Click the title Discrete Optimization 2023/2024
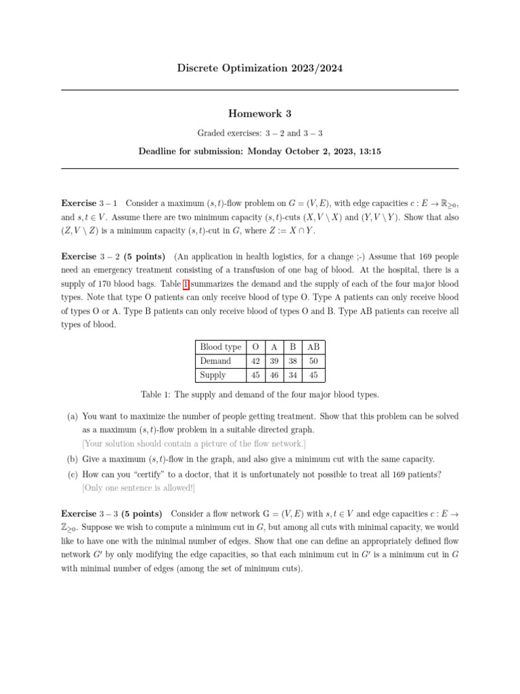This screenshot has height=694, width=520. [x=259, y=68]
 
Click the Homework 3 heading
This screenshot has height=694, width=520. [x=260, y=114]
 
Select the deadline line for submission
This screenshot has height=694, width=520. [x=259, y=152]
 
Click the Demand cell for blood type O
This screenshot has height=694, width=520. [x=255, y=361]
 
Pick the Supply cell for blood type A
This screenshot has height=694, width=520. [x=274, y=375]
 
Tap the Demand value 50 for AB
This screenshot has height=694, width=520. [x=313, y=361]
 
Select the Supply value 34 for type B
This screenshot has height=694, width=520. [x=292, y=375]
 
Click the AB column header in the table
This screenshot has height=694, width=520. [x=313, y=347]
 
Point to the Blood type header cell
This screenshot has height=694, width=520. [x=220, y=347]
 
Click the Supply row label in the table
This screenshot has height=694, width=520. [x=213, y=375]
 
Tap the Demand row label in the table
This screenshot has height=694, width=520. [x=215, y=361]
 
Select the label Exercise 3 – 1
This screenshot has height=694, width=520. [x=89, y=203]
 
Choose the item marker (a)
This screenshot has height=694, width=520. [x=72, y=416]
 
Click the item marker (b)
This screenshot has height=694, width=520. [x=72, y=459]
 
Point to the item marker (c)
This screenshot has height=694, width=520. [x=72, y=474]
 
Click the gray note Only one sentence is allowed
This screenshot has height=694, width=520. [x=138, y=488]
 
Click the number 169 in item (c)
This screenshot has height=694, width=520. [x=401, y=474]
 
